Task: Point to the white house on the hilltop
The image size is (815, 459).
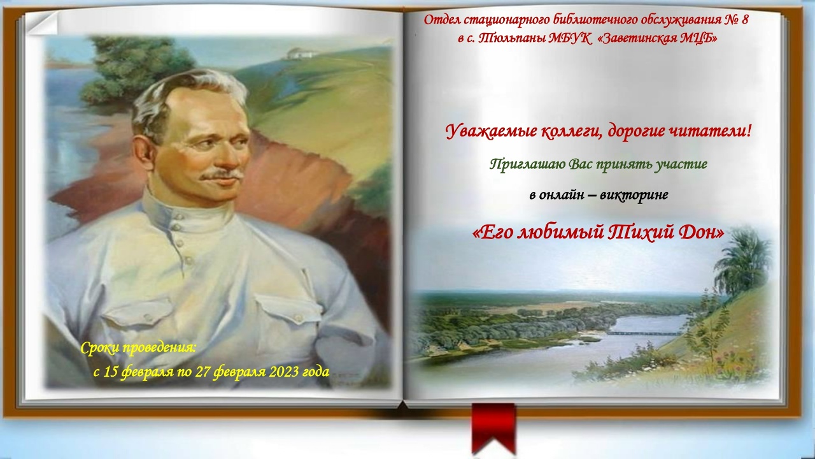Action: coord(299,54)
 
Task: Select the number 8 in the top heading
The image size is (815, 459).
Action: coord(744,19)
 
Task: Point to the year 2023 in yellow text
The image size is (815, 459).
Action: coord(285,372)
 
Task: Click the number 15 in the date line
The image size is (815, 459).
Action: coord(110,372)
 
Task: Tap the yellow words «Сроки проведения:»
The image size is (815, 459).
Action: coord(138,348)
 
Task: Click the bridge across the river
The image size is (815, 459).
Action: coord(644,333)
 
